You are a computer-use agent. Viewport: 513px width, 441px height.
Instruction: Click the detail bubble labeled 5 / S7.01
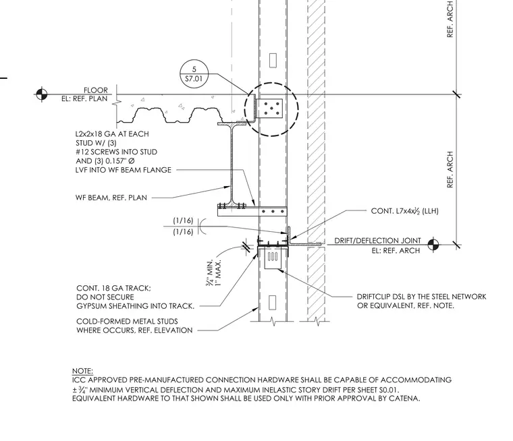194,74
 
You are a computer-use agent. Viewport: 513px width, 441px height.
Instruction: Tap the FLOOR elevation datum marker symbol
41,94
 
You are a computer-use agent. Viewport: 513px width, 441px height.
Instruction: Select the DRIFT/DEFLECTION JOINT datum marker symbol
433,244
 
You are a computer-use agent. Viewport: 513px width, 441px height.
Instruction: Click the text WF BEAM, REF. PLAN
111,198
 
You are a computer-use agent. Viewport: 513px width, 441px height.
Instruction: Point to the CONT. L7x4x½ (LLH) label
405,211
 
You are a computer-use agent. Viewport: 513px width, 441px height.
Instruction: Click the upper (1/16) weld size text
183,220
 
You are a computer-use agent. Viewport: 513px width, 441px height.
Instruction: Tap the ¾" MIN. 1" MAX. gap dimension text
214,272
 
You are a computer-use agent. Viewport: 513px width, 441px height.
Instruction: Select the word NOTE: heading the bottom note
82,371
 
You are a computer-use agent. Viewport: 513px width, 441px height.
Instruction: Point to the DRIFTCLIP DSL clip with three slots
273,258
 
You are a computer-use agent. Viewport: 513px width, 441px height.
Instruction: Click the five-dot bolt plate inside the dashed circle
269,109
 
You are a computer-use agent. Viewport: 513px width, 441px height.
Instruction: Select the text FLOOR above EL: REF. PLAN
96,90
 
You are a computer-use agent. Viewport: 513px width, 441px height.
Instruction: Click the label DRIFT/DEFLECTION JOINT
377,241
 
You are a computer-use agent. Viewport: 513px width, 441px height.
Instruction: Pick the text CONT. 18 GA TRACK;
113,288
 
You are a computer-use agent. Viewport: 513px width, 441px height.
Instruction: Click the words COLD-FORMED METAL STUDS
127,322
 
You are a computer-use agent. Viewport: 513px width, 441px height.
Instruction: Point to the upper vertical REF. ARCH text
450,19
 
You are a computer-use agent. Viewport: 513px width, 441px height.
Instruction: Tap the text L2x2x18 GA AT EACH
112,134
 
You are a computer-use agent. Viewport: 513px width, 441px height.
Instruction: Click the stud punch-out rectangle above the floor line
273,61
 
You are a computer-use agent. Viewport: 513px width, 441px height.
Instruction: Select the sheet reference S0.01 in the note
389,390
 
